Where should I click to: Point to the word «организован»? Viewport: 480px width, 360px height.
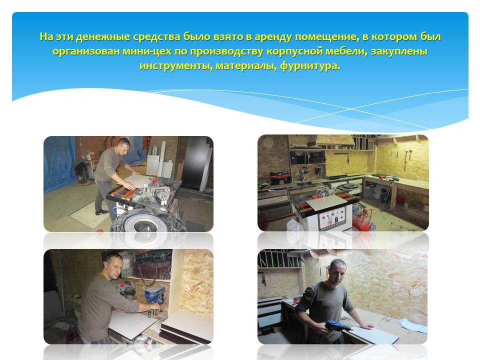(x=86, y=51)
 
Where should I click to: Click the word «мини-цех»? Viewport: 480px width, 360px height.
(x=147, y=51)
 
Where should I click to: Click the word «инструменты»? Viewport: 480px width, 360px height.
(x=176, y=65)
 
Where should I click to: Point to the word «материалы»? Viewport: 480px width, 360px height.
(x=245, y=65)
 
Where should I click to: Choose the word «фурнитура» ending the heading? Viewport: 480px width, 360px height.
(x=310, y=65)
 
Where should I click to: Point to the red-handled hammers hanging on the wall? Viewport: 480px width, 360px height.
(x=407, y=158)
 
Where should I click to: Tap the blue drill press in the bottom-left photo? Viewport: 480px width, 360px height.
(x=155, y=297)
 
